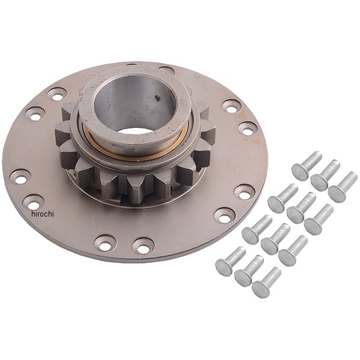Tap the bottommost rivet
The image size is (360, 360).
point(266,283)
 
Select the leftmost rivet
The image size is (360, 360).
point(230,259)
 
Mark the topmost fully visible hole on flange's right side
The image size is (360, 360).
point(232,106)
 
